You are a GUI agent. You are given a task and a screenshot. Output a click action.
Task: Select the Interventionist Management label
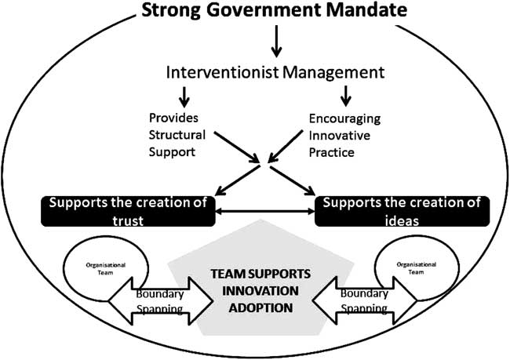point(275,72)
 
